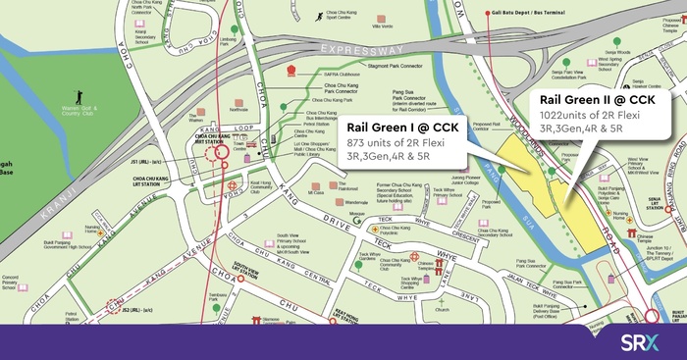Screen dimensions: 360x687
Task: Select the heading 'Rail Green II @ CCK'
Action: click(600, 100)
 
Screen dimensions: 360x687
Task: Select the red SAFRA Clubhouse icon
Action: click(291, 72)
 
